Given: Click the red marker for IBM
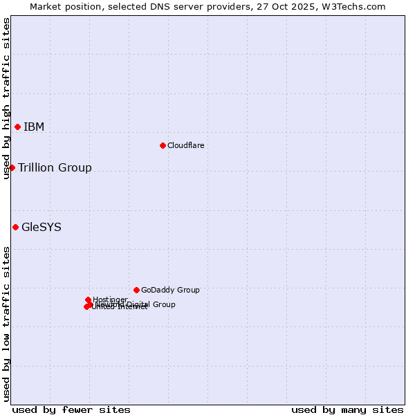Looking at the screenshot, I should pos(17,127).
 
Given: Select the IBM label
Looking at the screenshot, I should pos(34,127).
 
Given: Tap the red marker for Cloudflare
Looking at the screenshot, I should pos(163,145).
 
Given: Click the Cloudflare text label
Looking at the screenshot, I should pos(185,146).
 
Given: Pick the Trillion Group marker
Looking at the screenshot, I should pos(12,167).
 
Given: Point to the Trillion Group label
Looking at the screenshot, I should pos(55,168).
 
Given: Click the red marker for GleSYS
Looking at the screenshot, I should pos(15,227).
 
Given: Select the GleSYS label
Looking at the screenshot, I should pos(41,228).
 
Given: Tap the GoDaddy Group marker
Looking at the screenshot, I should pos(136,290).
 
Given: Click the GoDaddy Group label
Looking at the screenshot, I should pos(170,290).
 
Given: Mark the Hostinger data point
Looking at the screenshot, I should pos(88,299).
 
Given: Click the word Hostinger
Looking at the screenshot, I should pos(110,299).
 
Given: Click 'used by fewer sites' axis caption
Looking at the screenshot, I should pos(71,409).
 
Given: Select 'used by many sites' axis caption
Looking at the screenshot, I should pos(347,409).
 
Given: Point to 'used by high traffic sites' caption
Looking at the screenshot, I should pos(6,98).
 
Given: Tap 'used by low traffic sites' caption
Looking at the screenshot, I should pos(6,324).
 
